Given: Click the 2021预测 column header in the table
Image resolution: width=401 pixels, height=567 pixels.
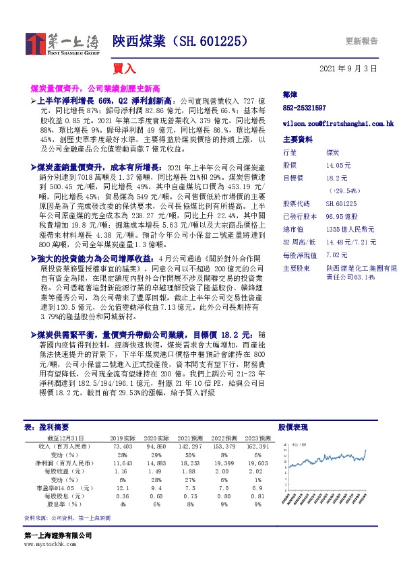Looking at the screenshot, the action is click(192, 437).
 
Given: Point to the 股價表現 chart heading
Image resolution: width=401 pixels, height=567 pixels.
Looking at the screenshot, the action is click(293, 427).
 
